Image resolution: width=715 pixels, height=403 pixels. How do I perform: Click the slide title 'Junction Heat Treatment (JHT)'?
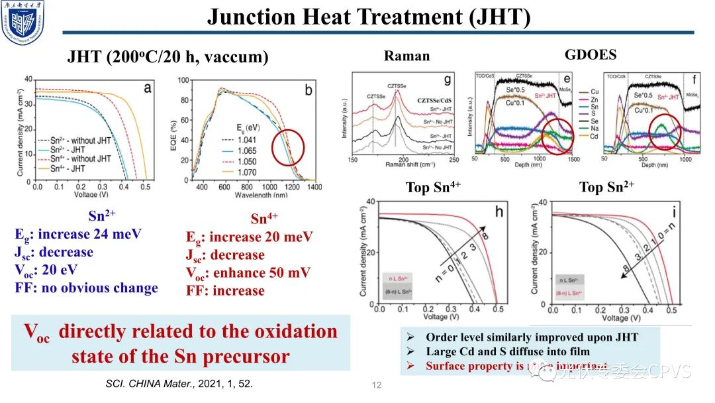point(369,16)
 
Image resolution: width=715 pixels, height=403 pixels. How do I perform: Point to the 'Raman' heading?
point(406,56)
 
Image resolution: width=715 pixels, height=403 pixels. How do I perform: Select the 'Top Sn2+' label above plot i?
point(606,187)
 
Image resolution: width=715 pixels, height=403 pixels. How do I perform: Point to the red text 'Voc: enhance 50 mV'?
point(248,272)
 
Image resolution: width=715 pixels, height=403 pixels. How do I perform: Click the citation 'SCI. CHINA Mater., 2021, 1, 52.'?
point(179,384)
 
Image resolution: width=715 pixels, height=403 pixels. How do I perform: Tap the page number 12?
point(377,385)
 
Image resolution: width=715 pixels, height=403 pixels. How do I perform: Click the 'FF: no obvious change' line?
point(87,288)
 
